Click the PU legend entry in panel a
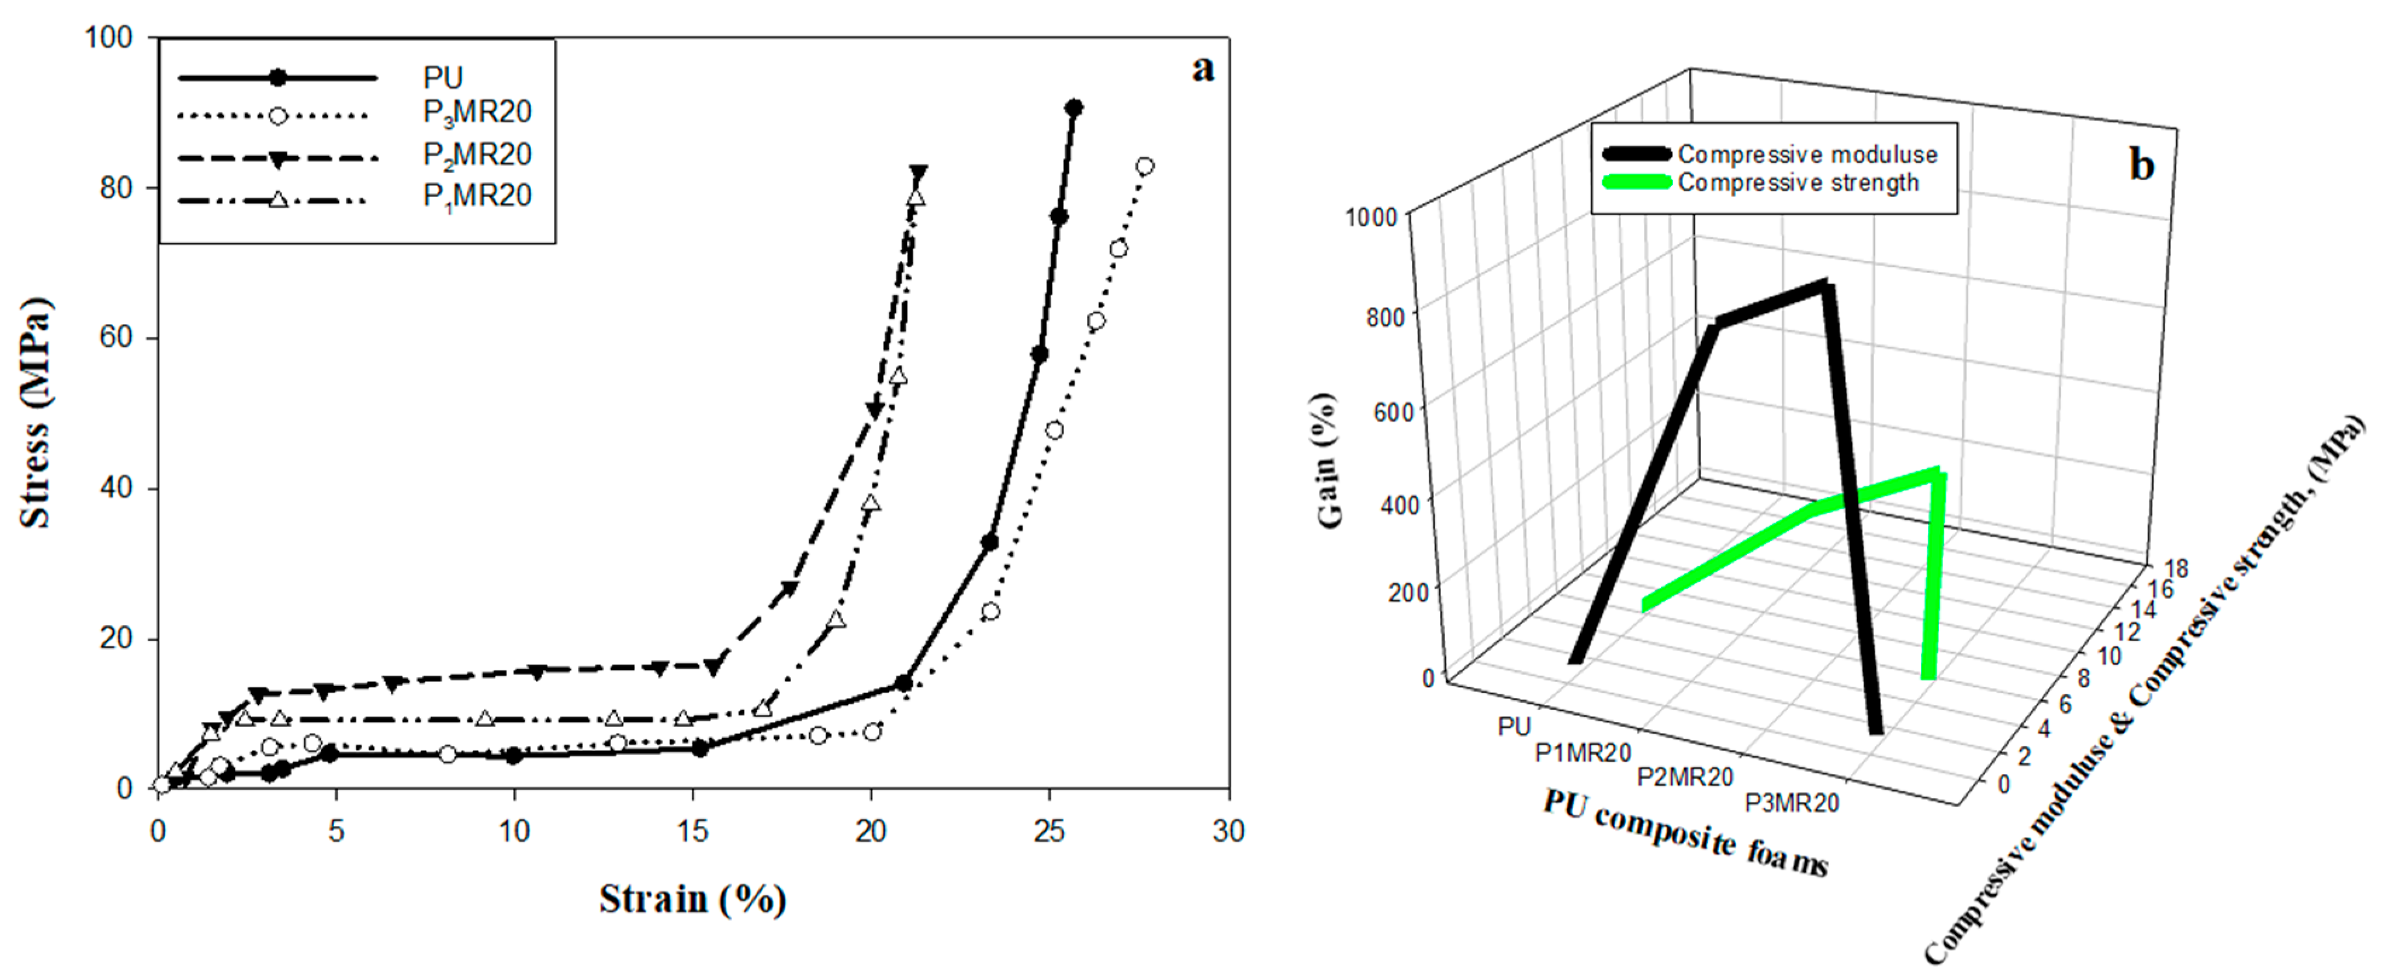tap(442, 78)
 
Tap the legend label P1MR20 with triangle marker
tap(477, 196)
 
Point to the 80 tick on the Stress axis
tap(115, 188)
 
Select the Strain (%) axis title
tap(692, 898)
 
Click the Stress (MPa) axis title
tap(35, 413)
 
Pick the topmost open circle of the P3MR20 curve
tap(1144, 166)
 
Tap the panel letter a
tap(1202, 68)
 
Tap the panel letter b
tap(2142, 164)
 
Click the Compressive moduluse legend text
tap(1807, 155)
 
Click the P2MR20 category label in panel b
tap(1685, 776)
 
